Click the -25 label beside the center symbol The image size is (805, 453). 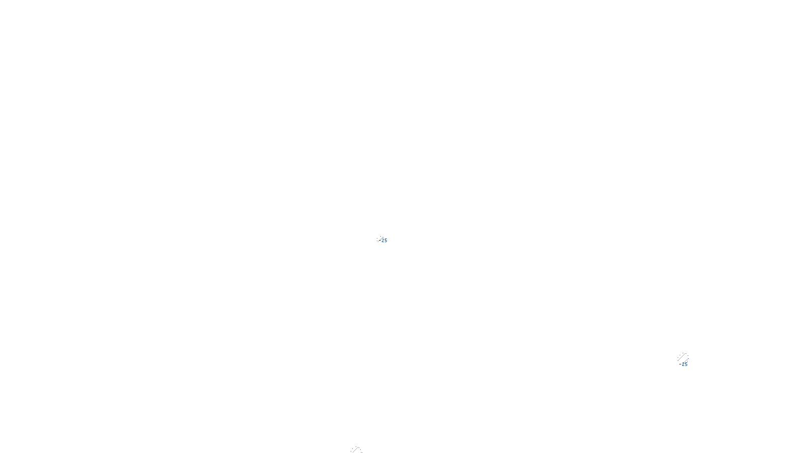coord(383,240)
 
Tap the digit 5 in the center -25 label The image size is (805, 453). coord(386,240)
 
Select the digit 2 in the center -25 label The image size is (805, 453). coord(383,240)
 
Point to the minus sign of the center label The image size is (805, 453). coord(380,241)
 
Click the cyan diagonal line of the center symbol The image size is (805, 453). coord(380,240)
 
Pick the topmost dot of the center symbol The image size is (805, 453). coord(380,236)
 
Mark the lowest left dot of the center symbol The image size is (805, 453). coord(377,241)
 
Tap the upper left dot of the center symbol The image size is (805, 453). coord(377,239)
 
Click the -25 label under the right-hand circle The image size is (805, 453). coord(683,364)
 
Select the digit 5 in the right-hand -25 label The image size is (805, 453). coord(686,364)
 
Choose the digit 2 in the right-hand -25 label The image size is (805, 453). coord(683,364)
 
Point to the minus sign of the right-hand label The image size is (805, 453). coord(680,364)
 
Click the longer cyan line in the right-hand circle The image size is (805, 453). coord(681,357)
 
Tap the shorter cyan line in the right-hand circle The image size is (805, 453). coord(685,361)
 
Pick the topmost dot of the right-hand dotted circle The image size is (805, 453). coord(683,353)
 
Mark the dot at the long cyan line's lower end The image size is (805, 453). coord(678,360)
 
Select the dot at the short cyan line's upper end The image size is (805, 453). coord(689,358)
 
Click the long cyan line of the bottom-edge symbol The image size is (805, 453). coord(355,450)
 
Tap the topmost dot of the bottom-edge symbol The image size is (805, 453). coord(356,446)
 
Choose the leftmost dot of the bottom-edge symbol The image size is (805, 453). coord(351,451)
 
